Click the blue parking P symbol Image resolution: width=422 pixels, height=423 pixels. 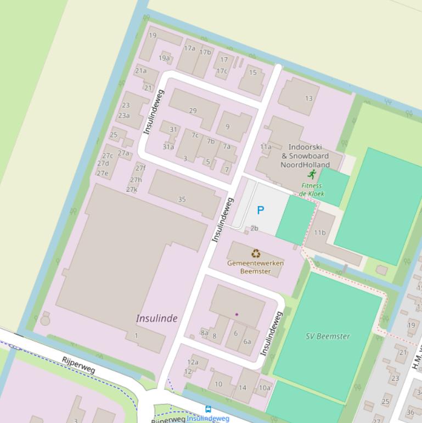261,210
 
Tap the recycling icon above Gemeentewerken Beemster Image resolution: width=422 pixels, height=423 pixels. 256,253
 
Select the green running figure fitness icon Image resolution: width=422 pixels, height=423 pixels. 312,174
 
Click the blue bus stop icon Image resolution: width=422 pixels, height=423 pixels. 208,409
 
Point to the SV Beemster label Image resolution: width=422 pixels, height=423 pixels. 328,336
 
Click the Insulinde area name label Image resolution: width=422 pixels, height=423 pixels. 156,319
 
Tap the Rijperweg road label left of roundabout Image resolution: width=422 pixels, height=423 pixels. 79,365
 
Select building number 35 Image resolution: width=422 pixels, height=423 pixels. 182,199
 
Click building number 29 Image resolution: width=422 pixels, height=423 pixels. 193,110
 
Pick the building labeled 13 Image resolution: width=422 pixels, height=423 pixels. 308,98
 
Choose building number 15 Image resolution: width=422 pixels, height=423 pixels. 252,73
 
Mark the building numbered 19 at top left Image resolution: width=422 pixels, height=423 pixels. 153,36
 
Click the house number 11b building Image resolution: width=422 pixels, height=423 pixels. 320,232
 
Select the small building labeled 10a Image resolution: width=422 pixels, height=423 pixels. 265,387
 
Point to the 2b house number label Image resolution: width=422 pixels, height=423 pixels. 254,228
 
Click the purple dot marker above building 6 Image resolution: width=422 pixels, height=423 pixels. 237,314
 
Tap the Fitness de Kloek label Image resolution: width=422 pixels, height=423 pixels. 312,190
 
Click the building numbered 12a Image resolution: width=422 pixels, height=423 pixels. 193,362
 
